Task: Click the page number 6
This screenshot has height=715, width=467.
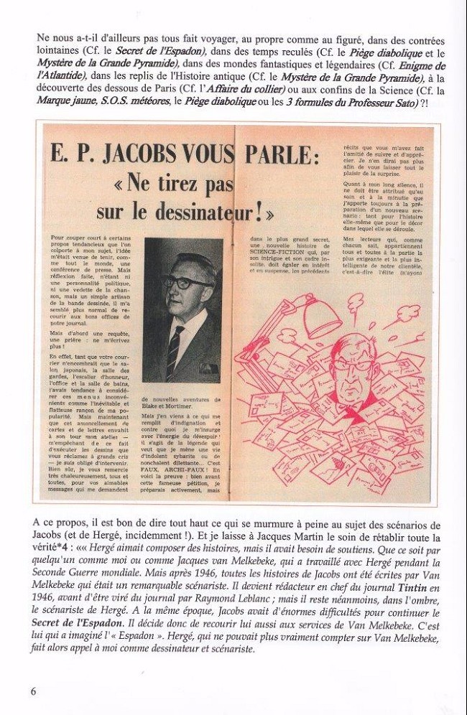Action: tap(33, 691)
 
